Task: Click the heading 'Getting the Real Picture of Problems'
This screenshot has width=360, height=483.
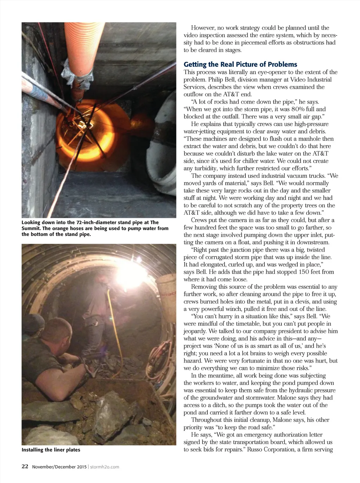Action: [240, 64]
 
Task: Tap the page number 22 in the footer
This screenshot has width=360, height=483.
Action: [25, 466]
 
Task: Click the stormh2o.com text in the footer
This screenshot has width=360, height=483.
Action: [105, 467]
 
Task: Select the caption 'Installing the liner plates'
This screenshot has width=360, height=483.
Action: [51, 450]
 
